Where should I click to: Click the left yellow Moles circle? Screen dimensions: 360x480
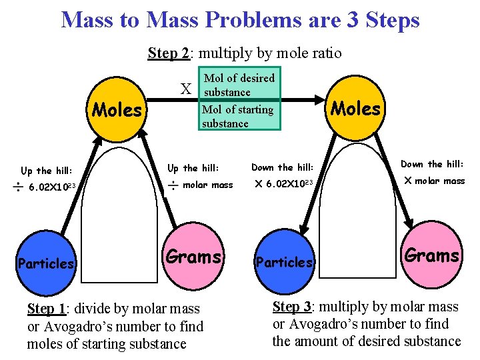coord(116,110)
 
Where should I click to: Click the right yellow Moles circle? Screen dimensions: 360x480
coord(356,108)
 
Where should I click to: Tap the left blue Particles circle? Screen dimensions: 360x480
coord(46,263)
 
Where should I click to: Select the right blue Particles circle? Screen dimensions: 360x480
coord(285,261)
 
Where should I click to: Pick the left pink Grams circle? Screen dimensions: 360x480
coord(193,257)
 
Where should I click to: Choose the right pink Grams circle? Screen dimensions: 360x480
coord(432,255)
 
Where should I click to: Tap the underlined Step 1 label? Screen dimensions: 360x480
coord(50,309)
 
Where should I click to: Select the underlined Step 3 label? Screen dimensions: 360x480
coord(296,307)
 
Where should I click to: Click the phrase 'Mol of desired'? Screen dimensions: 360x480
coord(239,78)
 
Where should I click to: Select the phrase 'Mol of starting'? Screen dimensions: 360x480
coord(237,109)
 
